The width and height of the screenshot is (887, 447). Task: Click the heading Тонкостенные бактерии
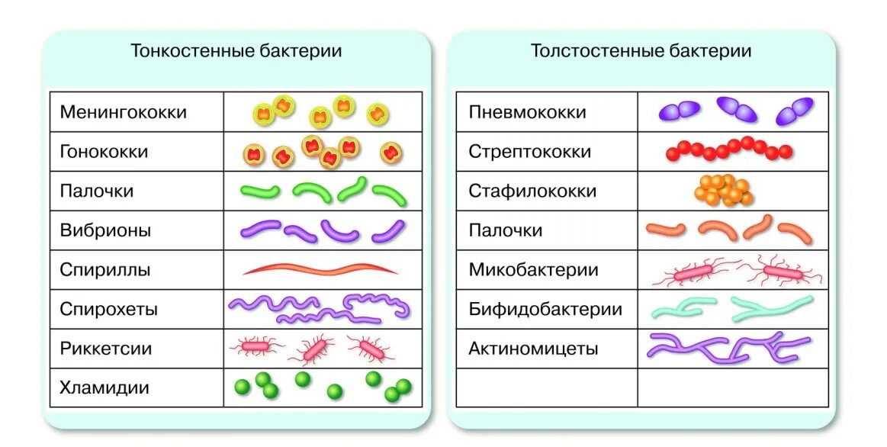coord(236,51)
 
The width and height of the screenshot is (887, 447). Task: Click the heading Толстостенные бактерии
coord(641,51)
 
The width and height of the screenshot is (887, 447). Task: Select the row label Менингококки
coord(123,112)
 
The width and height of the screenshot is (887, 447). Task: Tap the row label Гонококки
coord(104,152)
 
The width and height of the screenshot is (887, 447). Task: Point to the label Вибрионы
coord(105,230)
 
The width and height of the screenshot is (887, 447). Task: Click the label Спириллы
coord(105,270)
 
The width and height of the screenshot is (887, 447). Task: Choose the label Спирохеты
coord(109,310)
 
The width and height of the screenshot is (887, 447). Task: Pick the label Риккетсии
coord(106,349)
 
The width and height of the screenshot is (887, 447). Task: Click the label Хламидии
coord(104,388)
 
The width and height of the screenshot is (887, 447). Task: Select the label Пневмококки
coord(528,112)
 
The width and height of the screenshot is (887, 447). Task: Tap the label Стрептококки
coord(530,152)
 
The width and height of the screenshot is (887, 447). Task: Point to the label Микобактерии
coord(534,270)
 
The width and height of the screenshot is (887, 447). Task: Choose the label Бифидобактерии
coord(545,310)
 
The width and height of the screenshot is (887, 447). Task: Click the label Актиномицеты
coord(533,349)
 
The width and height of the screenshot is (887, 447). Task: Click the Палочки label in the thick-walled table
coord(506,230)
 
